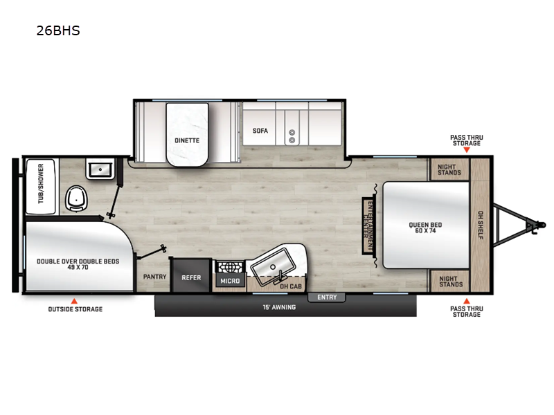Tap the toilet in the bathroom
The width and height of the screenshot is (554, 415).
(75, 199)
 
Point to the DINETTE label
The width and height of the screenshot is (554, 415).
(186, 140)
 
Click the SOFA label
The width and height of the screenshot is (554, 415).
(260, 130)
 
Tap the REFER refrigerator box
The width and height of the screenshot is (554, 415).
(191, 277)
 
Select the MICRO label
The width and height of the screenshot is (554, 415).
(231, 281)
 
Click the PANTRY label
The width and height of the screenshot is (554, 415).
(154, 277)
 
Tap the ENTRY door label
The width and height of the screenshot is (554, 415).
(327, 297)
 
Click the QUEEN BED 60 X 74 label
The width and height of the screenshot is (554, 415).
(426, 228)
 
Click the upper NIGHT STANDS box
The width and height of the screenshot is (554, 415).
(449, 169)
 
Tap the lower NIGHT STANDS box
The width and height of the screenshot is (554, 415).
(449, 280)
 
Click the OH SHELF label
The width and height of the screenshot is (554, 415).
(480, 224)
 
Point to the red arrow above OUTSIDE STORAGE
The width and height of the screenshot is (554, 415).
(74, 301)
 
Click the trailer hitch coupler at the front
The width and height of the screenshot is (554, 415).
(533, 224)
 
